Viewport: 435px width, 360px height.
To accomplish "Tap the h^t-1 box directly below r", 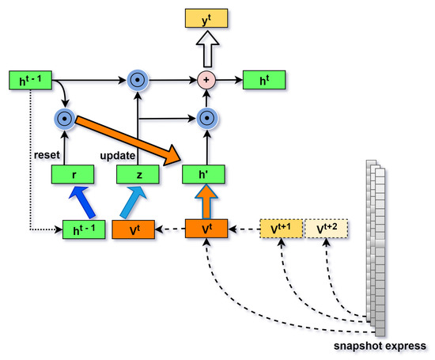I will tap(84, 231).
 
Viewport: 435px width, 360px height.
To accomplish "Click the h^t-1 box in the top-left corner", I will tap(28, 80).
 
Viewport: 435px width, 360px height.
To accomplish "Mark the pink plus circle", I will tap(206, 80).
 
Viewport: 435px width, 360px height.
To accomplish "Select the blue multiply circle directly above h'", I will tap(206, 119).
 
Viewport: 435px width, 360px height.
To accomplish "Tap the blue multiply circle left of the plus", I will tap(138, 80).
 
